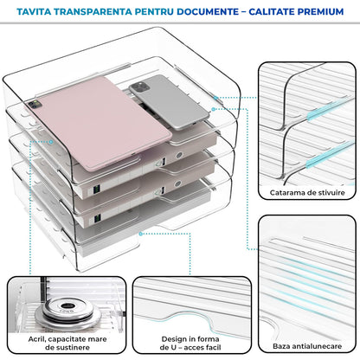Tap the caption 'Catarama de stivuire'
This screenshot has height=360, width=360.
[x=307, y=191]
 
